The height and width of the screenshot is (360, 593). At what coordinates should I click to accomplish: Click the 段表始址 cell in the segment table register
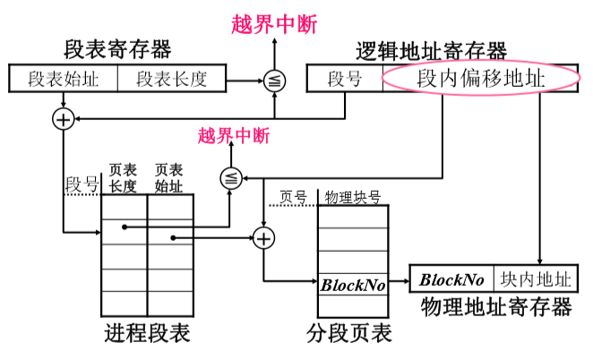pos(64,79)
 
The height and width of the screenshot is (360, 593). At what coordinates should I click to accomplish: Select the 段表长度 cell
pos(171,79)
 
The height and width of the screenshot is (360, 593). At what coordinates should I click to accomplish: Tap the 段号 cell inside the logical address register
pos(345,79)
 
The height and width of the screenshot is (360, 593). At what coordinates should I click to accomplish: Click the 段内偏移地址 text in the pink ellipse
pos(481,79)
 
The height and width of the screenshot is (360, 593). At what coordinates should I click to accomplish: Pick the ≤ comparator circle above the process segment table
pos(231,178)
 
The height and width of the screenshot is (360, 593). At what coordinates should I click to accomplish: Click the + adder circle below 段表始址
pos(64,119)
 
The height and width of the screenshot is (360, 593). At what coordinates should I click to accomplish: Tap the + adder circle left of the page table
pos(263,238)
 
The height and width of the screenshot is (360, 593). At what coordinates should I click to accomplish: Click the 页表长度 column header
pos(123,177)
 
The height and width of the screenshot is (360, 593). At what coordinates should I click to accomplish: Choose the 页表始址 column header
pos(168,177)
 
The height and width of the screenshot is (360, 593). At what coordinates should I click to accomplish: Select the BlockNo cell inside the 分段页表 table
pos(353,287)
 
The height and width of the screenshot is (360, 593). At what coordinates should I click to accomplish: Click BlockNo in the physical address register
pos(452,279)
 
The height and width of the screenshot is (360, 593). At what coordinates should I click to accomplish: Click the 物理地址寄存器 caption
pos(495,308)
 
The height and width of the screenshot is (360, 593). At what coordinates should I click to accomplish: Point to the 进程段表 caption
pos(147,334)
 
